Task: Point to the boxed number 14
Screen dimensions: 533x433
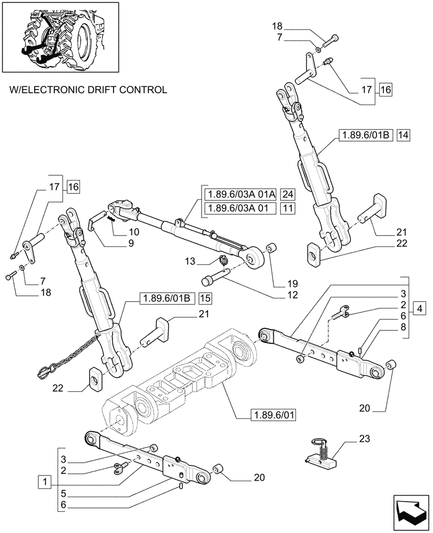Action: tap(403, 136)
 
